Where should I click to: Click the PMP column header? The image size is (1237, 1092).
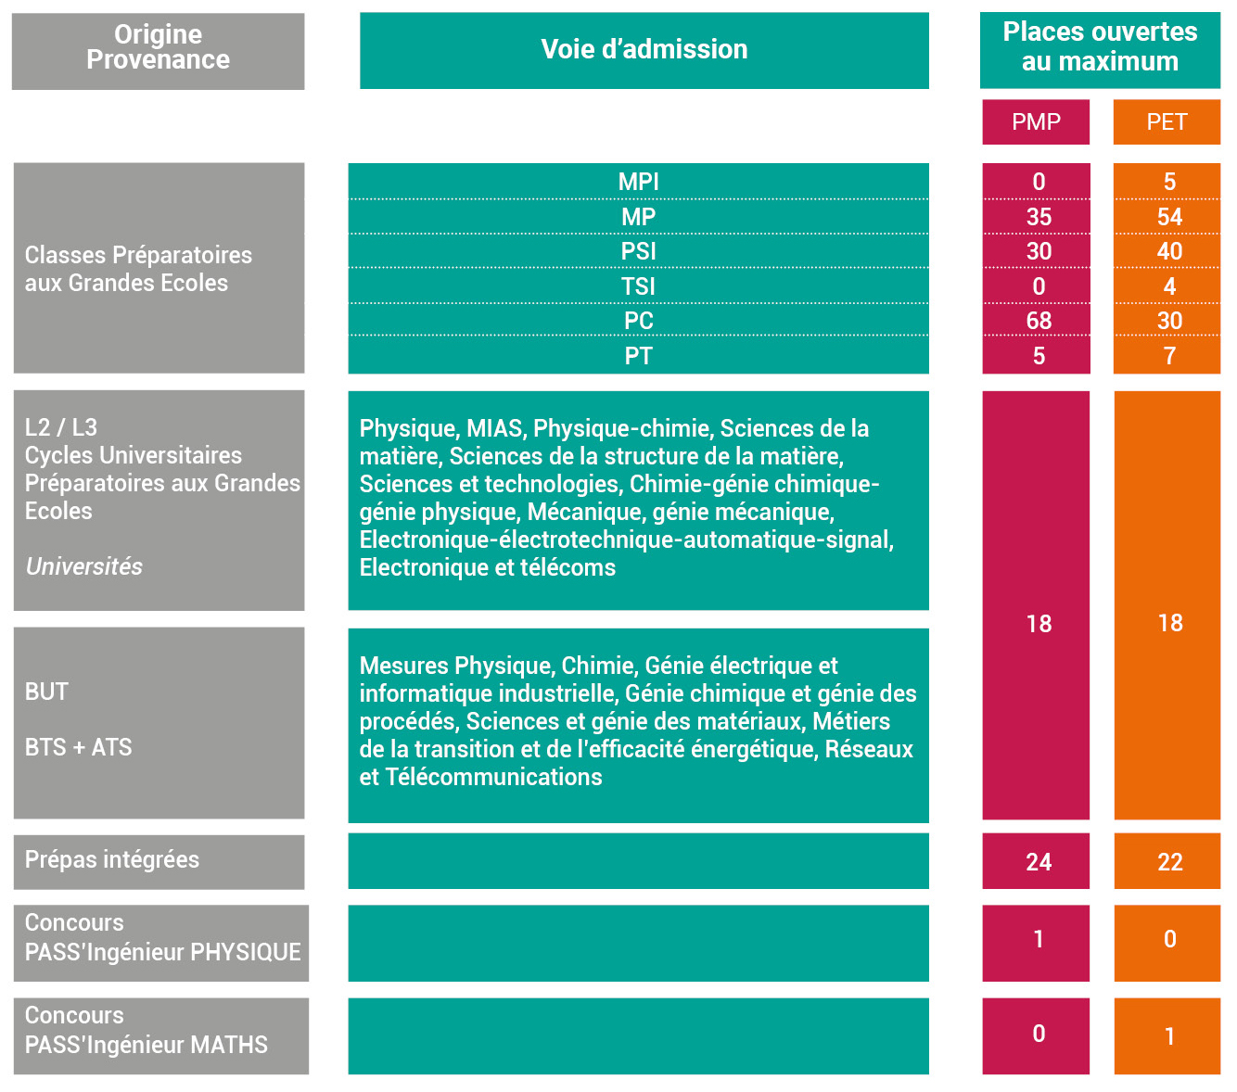[1036, 121]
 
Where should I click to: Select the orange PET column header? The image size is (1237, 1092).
[1167, 121]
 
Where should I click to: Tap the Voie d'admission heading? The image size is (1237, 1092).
[644, 50]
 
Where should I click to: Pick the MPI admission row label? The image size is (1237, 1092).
[638, 182]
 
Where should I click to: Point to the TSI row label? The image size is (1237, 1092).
[638, 286]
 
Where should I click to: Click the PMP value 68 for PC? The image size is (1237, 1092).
[1039, 321]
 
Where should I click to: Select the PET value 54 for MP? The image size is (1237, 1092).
[1169, 217]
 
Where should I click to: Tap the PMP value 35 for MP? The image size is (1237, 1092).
[1039, 217]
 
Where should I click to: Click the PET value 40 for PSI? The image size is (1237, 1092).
[1169, 251]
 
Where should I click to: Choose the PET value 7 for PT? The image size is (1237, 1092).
[1169, 356]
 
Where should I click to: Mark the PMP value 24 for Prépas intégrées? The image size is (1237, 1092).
[1039, 862]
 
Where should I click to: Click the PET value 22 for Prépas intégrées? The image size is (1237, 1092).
[1169, 862]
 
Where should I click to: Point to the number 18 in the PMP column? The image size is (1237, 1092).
[1039, 624]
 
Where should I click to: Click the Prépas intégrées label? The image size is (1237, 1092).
[112, 859]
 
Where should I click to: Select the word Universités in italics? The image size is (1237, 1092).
[83, 566]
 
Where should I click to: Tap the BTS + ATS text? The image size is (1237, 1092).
[79, 747]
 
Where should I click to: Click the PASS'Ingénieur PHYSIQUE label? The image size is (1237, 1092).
[162, 952]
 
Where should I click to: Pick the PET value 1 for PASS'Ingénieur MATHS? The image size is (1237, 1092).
[1169, 1036]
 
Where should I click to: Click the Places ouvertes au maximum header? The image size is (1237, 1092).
[1100, 46]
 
